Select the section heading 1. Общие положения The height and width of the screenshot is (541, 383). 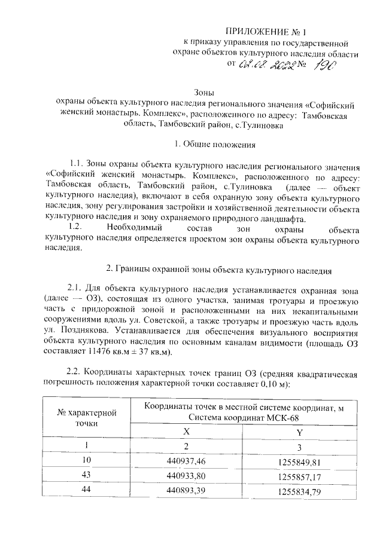214,144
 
